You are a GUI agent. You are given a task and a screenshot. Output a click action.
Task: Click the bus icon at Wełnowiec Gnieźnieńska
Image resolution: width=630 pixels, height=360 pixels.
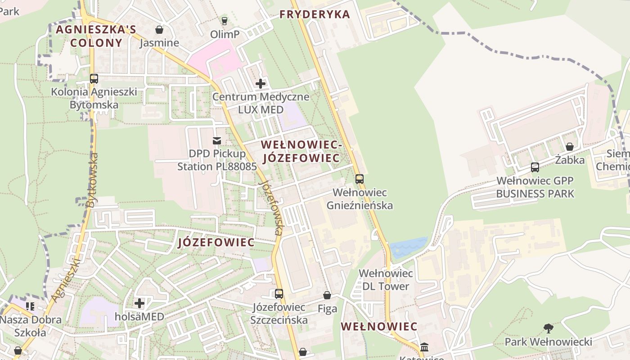(x=359, y=179)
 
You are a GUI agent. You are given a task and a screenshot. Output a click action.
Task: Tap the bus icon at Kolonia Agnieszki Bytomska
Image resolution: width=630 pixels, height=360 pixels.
(x=94, y=79)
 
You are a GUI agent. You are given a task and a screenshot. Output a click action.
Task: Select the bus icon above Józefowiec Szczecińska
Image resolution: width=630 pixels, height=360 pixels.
(x=279, y=294)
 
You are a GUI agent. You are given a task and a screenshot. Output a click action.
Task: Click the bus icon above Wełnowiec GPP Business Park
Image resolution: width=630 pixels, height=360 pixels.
(x=535, y=167)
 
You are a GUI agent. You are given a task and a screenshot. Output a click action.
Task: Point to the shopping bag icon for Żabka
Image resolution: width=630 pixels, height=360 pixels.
(x=569, y=147)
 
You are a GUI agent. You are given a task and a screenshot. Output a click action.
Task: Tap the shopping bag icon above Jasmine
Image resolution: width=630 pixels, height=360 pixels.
(x=159, y=30)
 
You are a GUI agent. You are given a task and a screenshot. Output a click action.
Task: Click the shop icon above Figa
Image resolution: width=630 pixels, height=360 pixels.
(x=327, y=296)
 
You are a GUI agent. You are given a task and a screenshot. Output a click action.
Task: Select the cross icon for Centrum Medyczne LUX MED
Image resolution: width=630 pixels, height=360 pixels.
(x=261, y=84)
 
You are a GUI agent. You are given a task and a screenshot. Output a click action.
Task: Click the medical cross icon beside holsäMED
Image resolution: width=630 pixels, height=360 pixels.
(x=139, y=303)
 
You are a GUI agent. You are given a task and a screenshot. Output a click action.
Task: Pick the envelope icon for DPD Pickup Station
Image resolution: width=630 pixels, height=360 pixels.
(x=217, y=141)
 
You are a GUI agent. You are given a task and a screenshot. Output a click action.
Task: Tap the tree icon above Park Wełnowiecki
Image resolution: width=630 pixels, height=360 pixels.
(x=548, y=328)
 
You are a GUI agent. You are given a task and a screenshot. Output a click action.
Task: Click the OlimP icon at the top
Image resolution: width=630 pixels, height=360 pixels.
(x=225, y=21)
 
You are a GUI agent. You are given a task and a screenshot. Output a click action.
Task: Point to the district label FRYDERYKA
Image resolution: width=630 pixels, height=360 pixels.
(x=315, y=14)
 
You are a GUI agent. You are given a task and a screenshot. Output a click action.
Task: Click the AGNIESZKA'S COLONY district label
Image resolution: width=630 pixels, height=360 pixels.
(x=96, y=36)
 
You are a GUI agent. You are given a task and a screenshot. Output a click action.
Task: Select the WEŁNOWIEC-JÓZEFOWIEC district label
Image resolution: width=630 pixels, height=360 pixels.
(x=301, y=152)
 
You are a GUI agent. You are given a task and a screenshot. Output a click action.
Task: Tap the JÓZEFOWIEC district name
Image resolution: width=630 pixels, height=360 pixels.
(x=216, y=243)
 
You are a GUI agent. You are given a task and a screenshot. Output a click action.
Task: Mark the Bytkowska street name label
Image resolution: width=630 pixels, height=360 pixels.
(x=92, y=180)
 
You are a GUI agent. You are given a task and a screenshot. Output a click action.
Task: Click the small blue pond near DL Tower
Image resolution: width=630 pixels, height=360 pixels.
(x=408, y=247)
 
